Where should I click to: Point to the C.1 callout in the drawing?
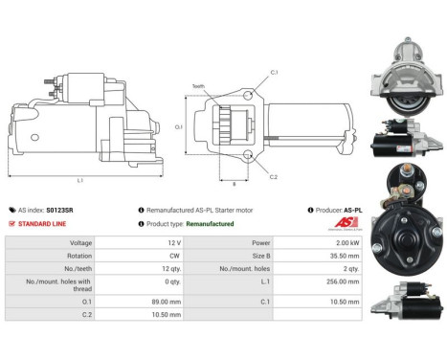pos(275,73)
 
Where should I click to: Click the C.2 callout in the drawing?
pos(274,177)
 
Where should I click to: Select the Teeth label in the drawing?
pos(199,84)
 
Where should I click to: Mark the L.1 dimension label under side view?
pos(79,180)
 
